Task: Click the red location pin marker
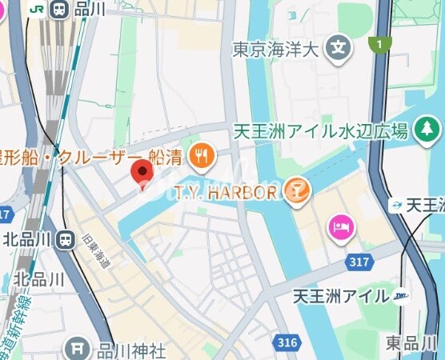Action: pyautogui.click(x=142, y=173)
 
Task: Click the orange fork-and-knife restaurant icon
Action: pyautogui.click(x=202, y=156)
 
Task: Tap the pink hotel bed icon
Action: pyautogui.click(x=339, y=227)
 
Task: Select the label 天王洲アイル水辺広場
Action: pyautogui.click(x=321, y=130)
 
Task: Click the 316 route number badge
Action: pyautogui.click(x=288, y=342)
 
